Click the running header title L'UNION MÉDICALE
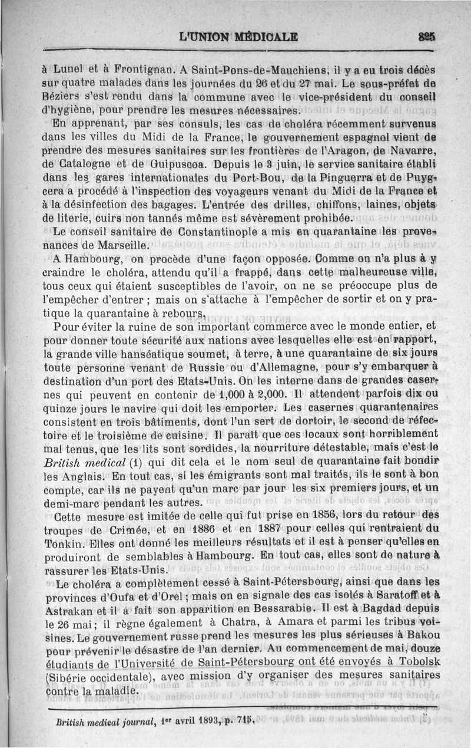pos(238,37)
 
